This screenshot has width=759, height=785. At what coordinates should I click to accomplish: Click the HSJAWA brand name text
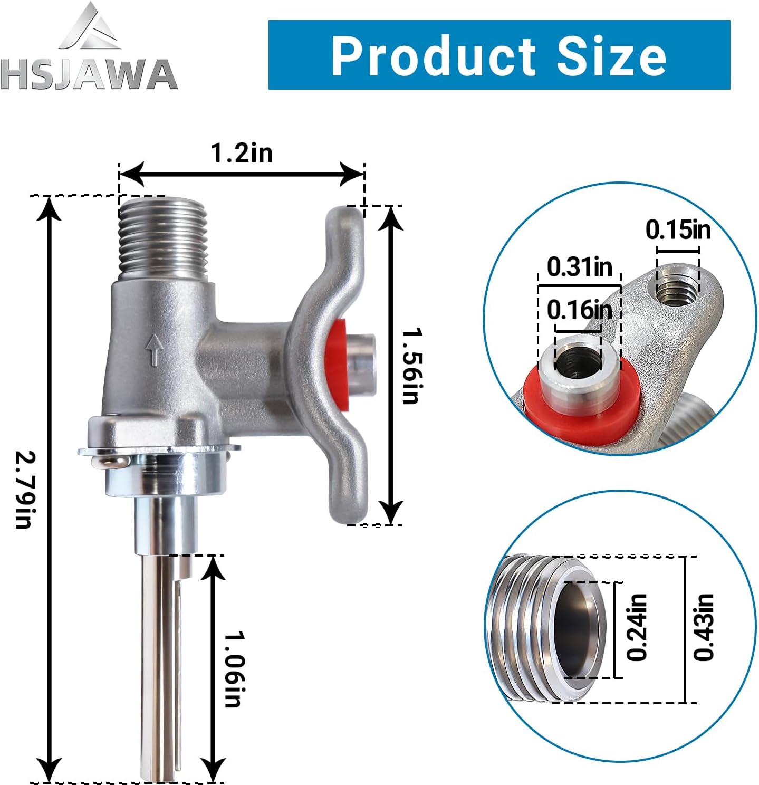tap(89, 74)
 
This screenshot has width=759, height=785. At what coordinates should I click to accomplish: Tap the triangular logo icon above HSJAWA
tap(91, 26)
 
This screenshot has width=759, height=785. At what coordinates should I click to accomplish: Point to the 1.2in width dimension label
tap(242, 153)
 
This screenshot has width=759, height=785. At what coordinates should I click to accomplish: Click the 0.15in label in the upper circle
tap(678, 229)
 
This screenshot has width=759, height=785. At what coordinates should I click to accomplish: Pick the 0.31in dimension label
tap(579, 266)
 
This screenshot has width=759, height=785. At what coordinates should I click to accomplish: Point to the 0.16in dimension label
tap(579, 310)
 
